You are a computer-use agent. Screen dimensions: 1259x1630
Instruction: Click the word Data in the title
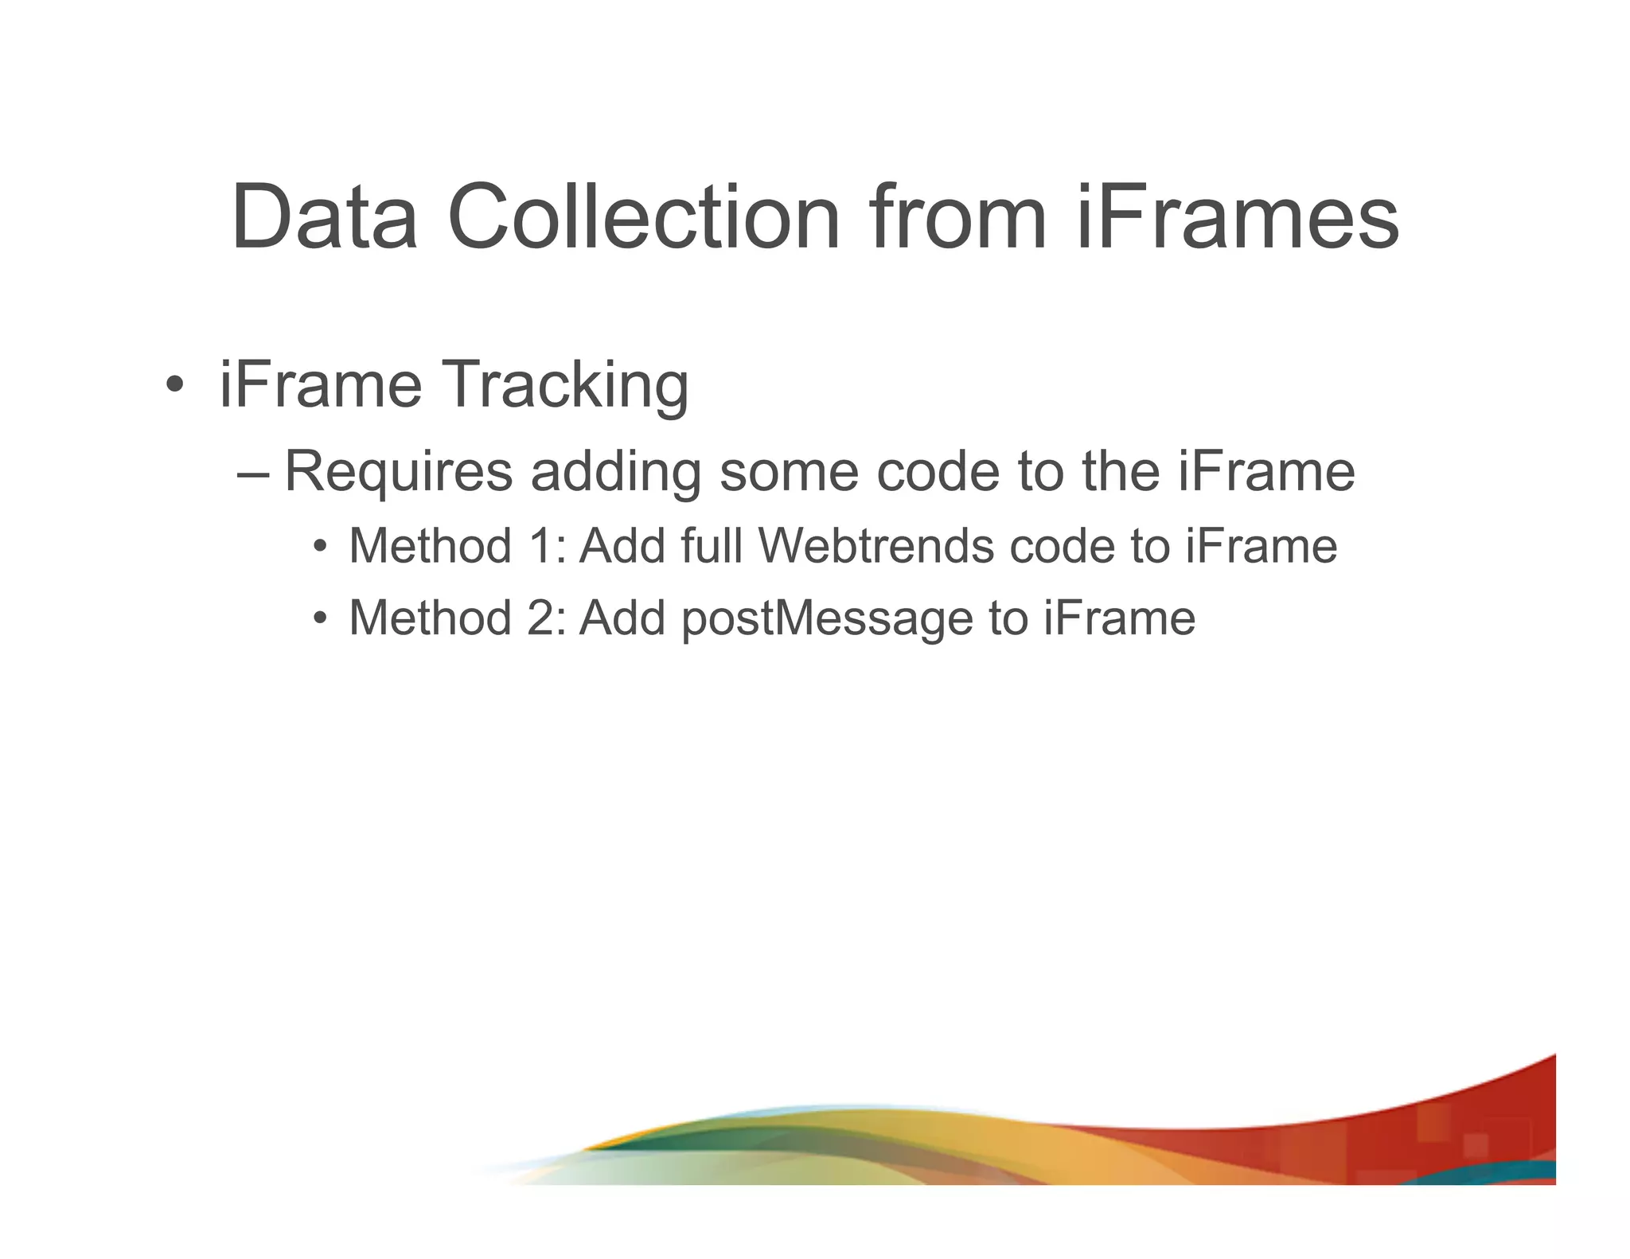click(324, 216)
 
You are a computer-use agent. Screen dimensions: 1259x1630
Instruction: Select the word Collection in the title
click(644, 216)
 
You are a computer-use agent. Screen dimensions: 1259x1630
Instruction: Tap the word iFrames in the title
click(1238, 216)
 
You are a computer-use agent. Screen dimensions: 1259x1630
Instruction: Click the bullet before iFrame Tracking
click(174, 385)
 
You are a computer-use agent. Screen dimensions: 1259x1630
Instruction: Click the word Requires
click(398, 472)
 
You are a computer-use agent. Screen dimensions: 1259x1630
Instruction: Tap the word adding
click(615, 472)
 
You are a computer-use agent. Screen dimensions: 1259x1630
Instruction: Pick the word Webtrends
click(875, 546)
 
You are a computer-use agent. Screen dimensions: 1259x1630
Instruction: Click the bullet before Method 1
click(320, 547)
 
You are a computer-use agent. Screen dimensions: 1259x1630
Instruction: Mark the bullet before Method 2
click(320, 618)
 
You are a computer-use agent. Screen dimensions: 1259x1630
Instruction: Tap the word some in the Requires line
click(789, 472)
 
